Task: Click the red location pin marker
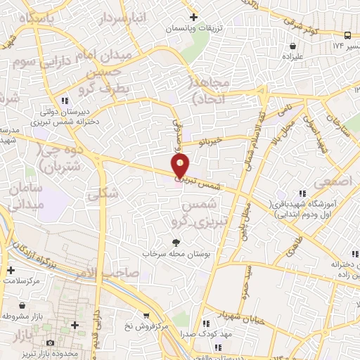click(x=181, y=166)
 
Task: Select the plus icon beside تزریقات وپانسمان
click(x=193, y=16)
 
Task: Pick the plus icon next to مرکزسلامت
click(x=10, y=270)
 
